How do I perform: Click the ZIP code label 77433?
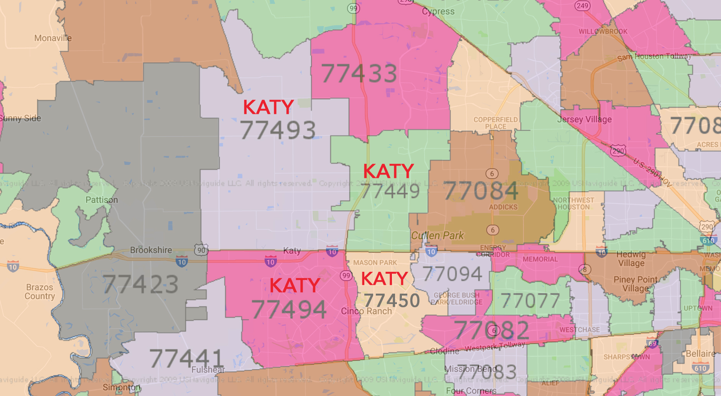click(359, 74)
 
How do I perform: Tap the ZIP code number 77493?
click(278, 130)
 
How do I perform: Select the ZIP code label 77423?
click(141, 284)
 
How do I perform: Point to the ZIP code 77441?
click(186, 358)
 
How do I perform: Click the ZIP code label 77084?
click(481, 191)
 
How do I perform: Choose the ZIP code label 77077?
click(530, 301)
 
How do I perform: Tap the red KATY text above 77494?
click(295, 286)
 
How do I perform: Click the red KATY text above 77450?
click(384, 279)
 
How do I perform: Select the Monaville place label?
click(53, 38)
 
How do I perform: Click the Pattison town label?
click(102, 200)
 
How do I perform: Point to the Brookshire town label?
click(151, 250)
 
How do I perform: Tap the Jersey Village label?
click(584, 119)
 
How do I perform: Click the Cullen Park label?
click(438, 235)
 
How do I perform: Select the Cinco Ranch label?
click(366, 311)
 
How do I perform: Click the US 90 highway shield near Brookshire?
click(201, 250)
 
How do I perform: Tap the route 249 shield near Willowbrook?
click(582, 6)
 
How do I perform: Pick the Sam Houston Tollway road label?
click(654, 57)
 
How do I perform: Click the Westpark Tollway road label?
click(495, 347)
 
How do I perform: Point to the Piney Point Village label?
click(635, 284)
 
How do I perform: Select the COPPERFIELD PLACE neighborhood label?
click(495, 123)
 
